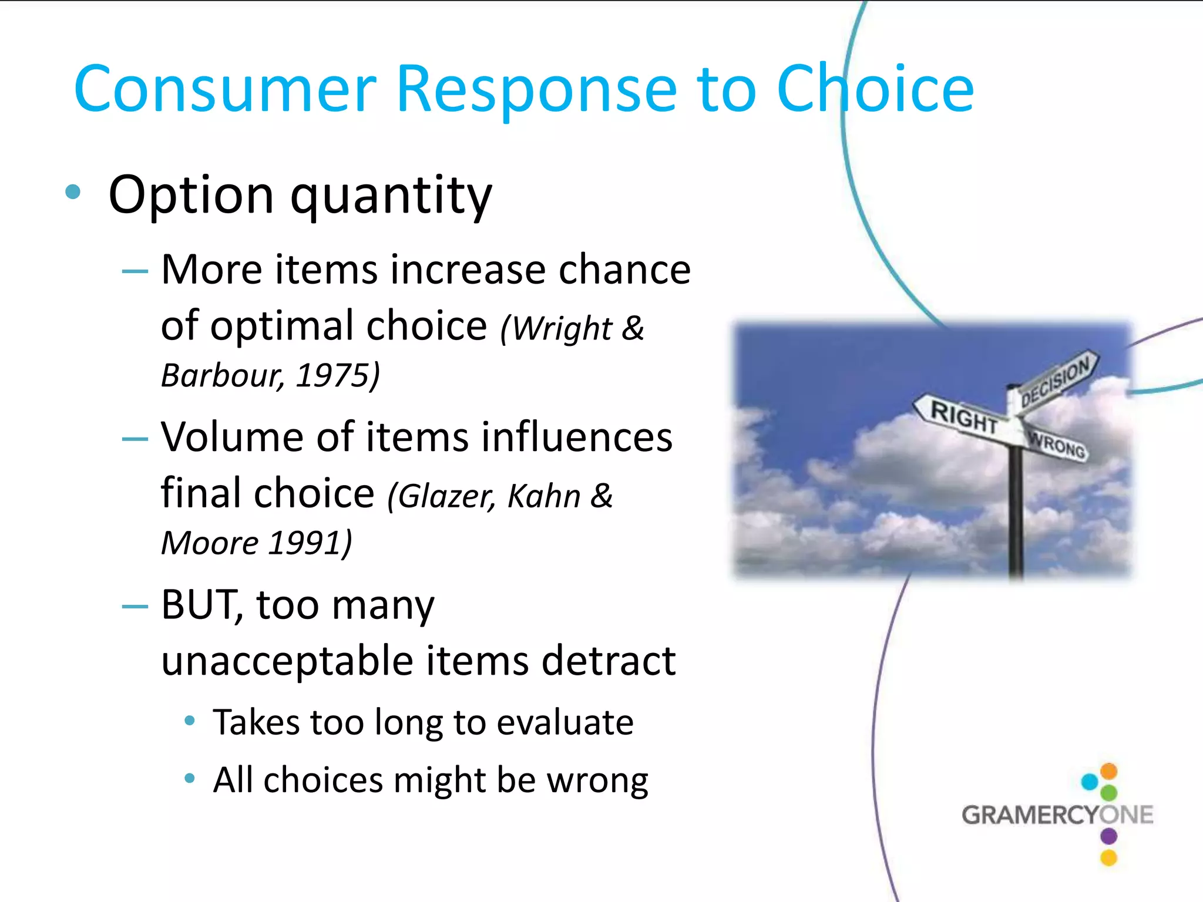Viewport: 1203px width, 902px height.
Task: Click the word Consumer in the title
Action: tap(224, 89)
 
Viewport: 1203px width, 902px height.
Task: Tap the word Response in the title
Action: tap(536, 89)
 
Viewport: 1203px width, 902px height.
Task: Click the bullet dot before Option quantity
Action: tap(73, 191)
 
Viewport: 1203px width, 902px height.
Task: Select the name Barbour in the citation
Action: tap(222, 375)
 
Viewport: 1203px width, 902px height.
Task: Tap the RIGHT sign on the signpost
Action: tap(963, 417)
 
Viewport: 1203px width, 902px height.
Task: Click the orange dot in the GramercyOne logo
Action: tap(1108, 770)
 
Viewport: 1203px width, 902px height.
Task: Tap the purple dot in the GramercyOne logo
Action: tap(1108, 836)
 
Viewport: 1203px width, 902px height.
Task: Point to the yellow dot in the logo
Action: tap(1108, 858)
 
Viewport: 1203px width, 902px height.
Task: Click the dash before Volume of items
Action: tap(135, 439)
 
